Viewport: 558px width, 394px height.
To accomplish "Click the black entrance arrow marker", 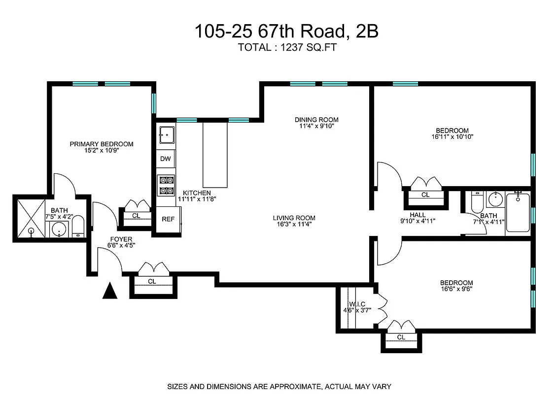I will [x=109, y=291].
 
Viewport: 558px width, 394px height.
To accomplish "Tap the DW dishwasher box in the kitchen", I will [x=165, y=159].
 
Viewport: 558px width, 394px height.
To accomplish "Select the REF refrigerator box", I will [x=168, y=219].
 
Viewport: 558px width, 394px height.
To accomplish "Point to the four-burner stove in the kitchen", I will [x=166, y=185].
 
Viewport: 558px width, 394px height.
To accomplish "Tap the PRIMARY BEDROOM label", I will [x=102, y=144].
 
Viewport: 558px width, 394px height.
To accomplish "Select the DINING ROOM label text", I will [x=316, y=120].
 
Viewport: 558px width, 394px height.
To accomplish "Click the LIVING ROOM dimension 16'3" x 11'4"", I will [x=294, y=225].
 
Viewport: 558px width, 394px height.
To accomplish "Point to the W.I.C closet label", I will [x=357, y=304].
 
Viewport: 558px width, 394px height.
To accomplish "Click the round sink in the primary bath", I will [x=60, y=230].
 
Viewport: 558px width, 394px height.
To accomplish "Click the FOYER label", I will [x=121, y=239].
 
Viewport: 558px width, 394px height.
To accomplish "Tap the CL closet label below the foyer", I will [x=152, y=281].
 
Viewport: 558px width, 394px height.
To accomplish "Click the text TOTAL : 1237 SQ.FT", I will [x=288, y=48].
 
